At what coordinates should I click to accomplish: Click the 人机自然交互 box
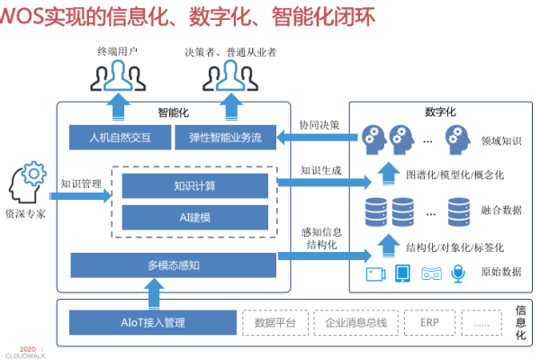121,138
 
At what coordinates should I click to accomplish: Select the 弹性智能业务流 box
225,138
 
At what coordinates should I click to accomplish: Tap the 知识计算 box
194,186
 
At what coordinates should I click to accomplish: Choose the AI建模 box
194,216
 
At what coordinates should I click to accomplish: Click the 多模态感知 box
171,265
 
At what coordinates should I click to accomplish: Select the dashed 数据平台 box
275,321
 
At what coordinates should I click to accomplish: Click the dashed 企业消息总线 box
355,321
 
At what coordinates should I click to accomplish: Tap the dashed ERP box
430,321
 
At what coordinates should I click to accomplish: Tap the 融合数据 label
501,211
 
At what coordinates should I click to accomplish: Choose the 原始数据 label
501,272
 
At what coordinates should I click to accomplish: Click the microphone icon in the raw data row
458,273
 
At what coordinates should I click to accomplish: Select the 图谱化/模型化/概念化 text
454,174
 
